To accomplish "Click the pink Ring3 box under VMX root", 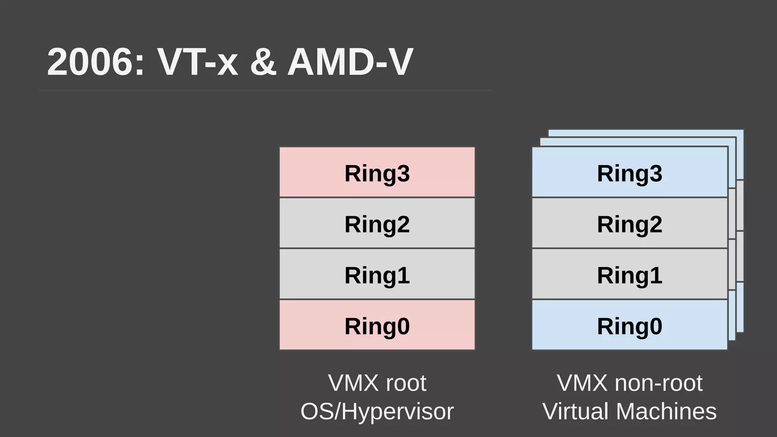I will coord(377,172).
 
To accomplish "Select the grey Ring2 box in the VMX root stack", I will coord(377,223).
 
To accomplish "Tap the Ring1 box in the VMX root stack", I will coord(377,274).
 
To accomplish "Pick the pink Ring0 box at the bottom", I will coord(377,325).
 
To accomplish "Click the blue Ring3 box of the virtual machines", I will coord(630,172).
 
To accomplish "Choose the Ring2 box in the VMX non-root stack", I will coord(630,223).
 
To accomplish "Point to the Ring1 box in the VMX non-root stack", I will coord(630,274).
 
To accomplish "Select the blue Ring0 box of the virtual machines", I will coord(630,325).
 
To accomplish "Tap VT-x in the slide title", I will coord(197,62).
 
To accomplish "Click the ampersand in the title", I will coord(263,62).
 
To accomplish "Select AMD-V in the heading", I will coord(350,62).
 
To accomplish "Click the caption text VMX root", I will coord(377,383).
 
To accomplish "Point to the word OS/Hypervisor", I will coord(377,412).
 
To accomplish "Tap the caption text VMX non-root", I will coord(630,383).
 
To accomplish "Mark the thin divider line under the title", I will coord(266,90).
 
